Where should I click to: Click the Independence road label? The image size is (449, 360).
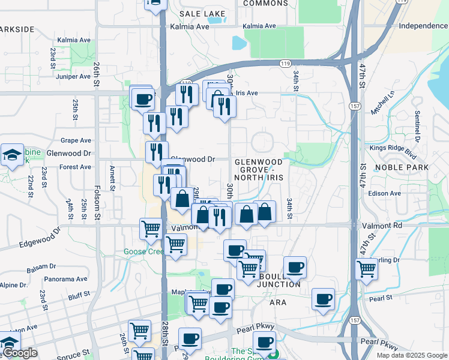pos(423,26)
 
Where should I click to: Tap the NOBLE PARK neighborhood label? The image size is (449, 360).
pos(402,167)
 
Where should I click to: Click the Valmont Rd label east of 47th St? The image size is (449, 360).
pos(382,226)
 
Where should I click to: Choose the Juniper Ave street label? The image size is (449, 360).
pos(72,76)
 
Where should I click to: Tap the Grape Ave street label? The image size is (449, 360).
pos(76,140)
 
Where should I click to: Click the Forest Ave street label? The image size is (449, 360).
pos(76,167)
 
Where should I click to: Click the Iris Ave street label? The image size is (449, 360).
pos(247,93)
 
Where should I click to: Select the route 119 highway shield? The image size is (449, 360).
pos(285,62)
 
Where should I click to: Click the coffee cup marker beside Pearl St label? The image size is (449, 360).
pos(324,298)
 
